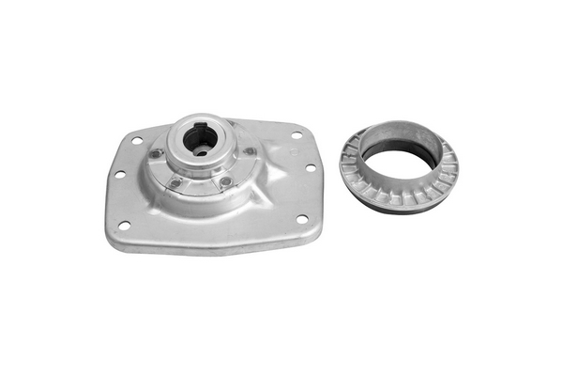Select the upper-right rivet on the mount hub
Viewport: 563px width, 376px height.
tap(250, 150)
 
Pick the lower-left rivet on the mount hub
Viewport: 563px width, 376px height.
tap(175, 182)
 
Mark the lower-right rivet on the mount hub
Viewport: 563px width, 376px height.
tap(225, 180)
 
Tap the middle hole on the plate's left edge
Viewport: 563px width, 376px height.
tap(119, 175)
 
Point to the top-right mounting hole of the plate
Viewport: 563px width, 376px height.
tap(297, 135)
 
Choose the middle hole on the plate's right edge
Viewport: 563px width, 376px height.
tap(311, 168)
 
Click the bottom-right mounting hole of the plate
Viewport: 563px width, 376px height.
tap(301, 219)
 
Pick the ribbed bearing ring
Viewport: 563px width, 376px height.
tap(441, 179)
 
